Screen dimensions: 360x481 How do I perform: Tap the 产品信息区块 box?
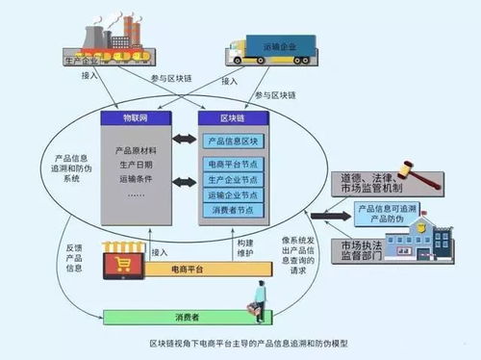coord(234,141)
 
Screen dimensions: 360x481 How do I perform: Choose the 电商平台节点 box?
coord(234,166)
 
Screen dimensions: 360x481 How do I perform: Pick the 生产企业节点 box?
coord(234,180)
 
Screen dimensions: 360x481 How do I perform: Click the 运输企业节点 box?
coord(234,194)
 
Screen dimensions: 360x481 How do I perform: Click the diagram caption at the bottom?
coord(240,344)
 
